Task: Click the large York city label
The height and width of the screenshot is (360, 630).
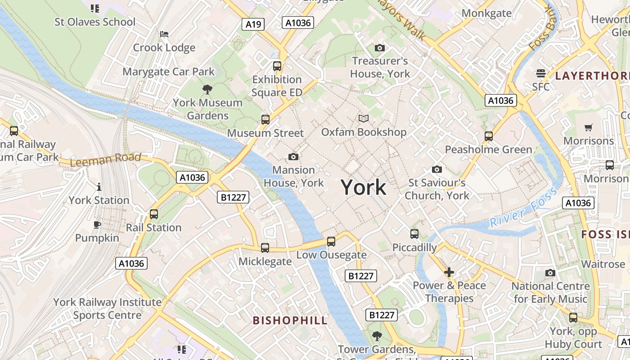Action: tap(363, 187)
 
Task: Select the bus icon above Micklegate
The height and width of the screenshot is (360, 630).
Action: tap(265, 247)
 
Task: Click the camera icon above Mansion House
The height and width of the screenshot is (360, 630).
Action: tap(293, 157)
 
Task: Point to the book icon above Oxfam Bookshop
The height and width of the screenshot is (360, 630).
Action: tap(364, 118)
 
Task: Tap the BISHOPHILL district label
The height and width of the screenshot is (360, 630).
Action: tap(290, 320)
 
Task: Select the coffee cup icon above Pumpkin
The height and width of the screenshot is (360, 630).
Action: tap(97, 225)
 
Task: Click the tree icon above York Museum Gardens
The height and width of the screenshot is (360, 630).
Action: tap(207, 89)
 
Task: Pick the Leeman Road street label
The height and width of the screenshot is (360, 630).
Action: tap(106, 159)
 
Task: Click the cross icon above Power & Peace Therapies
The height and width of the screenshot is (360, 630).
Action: tap(449, 272)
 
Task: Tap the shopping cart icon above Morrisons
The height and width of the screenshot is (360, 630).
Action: tap(589, 127)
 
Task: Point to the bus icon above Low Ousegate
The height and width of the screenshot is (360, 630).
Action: tap(331, 242)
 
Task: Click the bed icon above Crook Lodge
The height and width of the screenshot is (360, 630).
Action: tap(164, 34)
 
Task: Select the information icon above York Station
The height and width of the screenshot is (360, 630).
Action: tap(99, 187)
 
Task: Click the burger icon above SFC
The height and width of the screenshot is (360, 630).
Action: tap(541, 73)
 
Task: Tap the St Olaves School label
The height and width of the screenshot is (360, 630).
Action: tap(95, 22)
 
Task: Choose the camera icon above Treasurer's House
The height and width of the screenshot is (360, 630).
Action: tap(380, 48)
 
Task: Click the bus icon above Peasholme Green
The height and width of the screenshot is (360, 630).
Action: tap(489, 136)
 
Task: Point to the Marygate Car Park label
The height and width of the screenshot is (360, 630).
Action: tap(169, 72)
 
